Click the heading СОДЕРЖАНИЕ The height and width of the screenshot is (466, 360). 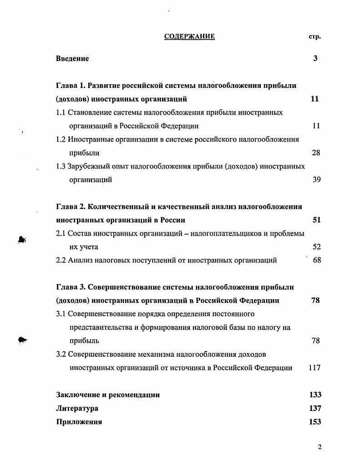(189, 36)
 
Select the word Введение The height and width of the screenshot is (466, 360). (72, 58)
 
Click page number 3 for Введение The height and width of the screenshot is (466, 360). (315, 58)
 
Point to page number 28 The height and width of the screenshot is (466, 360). (316, 153)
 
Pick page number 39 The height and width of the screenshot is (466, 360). (316, 179)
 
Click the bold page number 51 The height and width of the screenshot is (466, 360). (316, 220)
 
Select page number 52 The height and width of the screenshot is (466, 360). (316, 247)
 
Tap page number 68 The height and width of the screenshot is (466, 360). (317, 260)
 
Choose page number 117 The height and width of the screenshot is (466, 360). (314, 368)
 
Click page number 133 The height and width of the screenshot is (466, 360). (315, 394)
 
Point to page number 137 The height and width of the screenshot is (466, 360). (315, 408)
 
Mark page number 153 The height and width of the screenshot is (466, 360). (315, 422)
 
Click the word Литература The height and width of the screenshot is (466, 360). (77, 408)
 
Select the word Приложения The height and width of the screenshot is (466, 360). (79, 422)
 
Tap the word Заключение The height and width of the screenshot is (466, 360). (77, 394)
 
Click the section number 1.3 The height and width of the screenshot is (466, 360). (61, 166)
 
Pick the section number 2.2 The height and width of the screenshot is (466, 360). (61, 260)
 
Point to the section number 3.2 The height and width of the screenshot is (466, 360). (61, 354)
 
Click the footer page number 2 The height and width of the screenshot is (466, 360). (319, 447)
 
